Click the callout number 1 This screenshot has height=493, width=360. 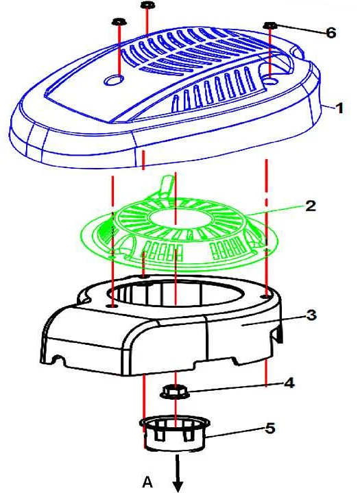339,108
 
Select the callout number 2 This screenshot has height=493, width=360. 310,206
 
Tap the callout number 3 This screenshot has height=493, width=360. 311,315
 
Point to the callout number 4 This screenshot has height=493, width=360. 289,383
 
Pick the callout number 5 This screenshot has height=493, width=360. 270,429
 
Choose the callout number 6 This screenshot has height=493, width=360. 331,33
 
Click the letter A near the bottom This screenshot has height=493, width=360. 147,481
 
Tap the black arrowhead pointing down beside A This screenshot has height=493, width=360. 178,485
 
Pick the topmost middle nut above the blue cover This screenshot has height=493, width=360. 147,5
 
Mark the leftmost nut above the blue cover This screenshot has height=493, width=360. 119,22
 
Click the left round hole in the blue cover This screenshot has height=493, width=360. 113,80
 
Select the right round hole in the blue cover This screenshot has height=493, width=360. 269,81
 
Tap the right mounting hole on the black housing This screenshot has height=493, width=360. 266,296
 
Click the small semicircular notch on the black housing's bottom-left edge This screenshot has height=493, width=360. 57,359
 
